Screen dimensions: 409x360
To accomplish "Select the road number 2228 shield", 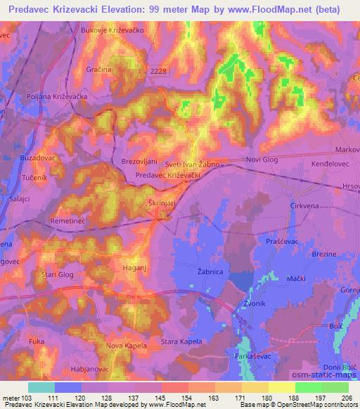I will tap(159, 71).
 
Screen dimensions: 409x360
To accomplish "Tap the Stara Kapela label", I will tap(181, 342).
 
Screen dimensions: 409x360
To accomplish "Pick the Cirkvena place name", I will tap(285, 205).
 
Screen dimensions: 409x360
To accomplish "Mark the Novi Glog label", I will tap(262, 160).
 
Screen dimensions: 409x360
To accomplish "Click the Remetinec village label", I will tap(67, 221).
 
